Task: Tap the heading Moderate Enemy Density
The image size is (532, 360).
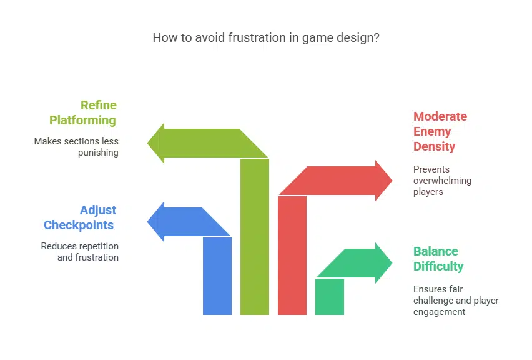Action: [440, 131]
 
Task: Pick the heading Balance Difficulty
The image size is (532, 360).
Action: [438, 259]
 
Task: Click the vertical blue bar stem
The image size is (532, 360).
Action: [217, 275]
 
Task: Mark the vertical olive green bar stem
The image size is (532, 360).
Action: [255, 237]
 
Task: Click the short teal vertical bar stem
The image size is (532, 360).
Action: [330, 296]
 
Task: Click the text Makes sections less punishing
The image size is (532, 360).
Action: [76, 147]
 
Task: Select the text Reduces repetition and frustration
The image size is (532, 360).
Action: [80, 251]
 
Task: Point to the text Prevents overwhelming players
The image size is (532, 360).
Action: [442, 180]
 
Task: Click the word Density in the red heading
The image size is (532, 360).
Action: [434, 146]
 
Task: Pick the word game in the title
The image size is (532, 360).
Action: [315, 37]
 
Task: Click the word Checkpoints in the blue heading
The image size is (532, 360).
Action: [79, 225]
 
